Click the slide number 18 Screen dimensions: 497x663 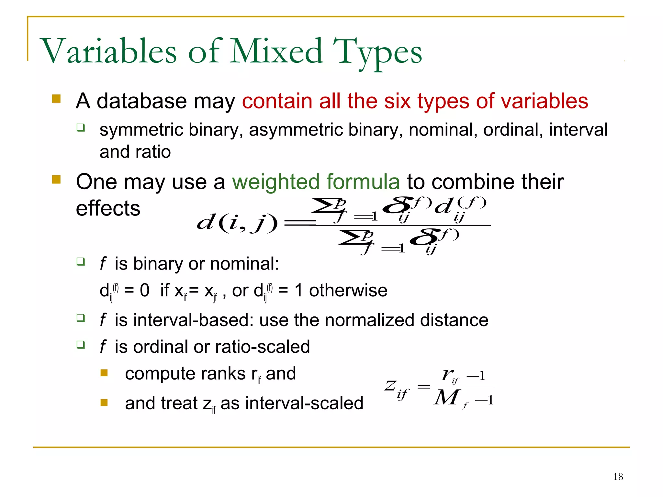(x=618, y=477)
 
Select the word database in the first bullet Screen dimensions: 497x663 (x=141, y=101)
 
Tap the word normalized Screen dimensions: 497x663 (x=369, y=320)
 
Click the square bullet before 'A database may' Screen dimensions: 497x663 (x=56, y=99)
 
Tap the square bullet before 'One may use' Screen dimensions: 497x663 (x=56, y=179)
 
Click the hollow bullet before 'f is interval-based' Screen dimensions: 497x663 (x=81, y=318)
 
